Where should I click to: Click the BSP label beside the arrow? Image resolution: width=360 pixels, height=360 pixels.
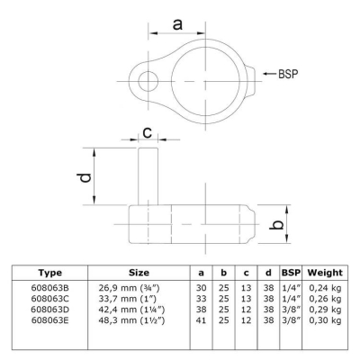(x=288, y=74)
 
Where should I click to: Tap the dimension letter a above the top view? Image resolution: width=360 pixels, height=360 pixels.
(x=177, y=24)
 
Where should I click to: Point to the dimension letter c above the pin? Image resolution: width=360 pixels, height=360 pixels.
(x=148, y=132)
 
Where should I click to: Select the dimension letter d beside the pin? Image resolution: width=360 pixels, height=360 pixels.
(x=85, y=177)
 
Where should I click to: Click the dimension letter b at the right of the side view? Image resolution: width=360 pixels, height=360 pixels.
(x=276, y=224)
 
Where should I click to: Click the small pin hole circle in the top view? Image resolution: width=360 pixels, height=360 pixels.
(x=148, y=81)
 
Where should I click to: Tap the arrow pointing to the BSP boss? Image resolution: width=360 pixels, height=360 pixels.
(x=269, y=74)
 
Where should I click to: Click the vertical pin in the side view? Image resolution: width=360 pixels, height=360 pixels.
(x=148, y=176)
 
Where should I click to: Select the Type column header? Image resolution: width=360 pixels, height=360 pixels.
(x=50, y=273)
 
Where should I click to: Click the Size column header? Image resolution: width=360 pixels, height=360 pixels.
(x=139, y=273)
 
